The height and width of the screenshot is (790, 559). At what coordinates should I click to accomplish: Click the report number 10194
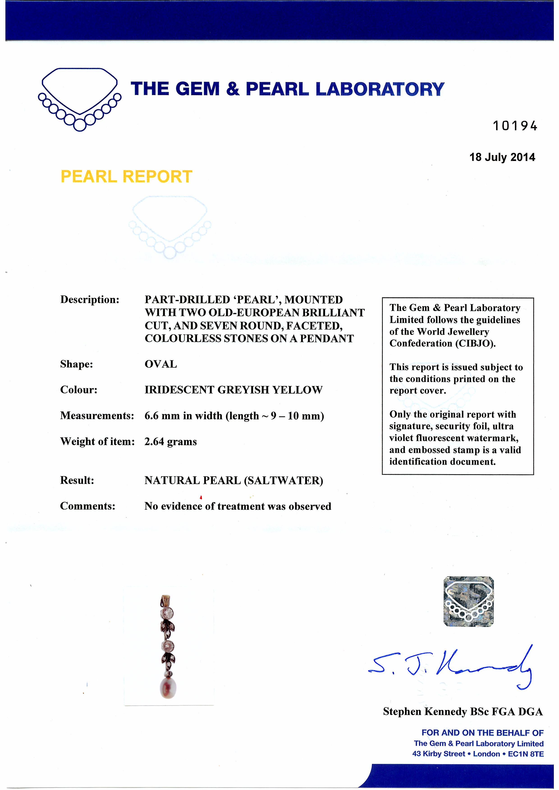coord(515,126)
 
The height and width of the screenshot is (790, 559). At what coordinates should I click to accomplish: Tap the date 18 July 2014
coord(502,157)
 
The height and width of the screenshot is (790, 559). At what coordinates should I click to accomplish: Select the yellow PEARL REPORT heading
coord(126,177)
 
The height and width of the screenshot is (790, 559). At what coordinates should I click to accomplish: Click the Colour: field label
coord(79,390)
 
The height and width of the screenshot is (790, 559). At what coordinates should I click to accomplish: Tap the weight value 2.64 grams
coord(170,442)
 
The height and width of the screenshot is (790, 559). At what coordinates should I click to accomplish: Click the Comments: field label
coord(87,506)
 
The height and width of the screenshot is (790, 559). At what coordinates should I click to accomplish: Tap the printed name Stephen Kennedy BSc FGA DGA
coord(463,712)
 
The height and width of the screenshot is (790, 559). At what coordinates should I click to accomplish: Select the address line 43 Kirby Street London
coord(478,754)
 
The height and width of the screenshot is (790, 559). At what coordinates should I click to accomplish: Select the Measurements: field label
coord(97,416)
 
